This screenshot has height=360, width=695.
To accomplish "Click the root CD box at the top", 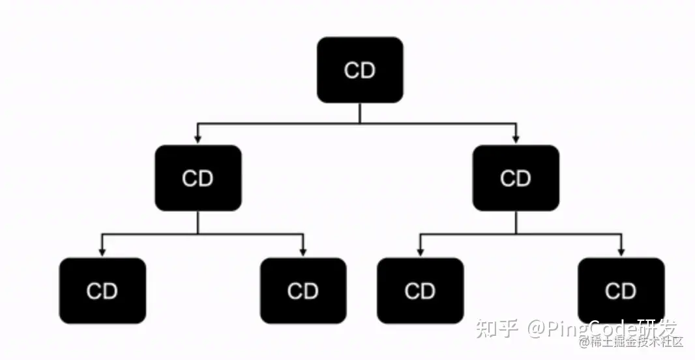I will [360, 70].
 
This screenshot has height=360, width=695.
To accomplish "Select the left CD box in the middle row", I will [198, 178].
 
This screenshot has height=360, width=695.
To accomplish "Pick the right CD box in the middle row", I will [516, 178].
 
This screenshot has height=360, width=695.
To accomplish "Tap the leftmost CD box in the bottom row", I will [102, 291].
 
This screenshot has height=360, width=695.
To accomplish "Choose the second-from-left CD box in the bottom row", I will [303, 291].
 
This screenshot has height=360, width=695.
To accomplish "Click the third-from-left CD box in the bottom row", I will [420, 291].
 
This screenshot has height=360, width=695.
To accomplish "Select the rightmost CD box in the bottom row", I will [621, 291].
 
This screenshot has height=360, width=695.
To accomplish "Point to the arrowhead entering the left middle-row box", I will [198, 140].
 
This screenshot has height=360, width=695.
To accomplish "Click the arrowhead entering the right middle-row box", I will [516, 140].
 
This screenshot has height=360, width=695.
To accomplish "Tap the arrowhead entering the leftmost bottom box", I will [102, 252].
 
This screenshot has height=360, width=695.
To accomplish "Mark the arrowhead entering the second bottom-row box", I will [303, 252].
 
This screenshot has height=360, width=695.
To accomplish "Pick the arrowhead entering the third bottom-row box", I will [420, 252].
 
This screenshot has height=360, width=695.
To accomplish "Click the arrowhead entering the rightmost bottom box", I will [621, 252].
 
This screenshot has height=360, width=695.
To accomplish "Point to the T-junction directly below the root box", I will [360, 123].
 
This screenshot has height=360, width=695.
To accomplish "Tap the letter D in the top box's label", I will [368, 70].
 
